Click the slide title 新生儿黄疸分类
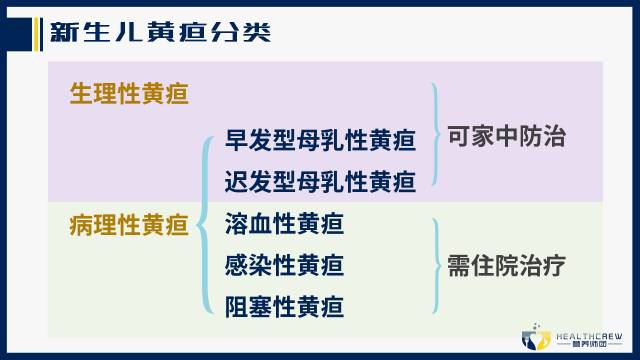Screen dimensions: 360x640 pos(160,31)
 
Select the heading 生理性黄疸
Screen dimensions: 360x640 pos(129,93)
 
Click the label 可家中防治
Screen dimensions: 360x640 pos(506,137)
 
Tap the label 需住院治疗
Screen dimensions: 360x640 pos(506,267)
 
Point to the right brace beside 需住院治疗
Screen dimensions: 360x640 pos(436,266)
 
